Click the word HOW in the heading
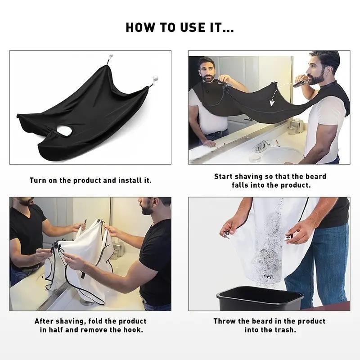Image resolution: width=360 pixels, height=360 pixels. point(140,27)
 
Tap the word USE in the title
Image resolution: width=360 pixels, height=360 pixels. point(193,27)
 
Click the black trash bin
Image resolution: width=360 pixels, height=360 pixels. point(260,298)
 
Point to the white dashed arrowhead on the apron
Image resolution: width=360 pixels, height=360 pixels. point(272,103)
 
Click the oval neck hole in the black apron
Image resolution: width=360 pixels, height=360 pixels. point(64,130)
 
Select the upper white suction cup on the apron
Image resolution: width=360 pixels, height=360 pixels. point(111,56)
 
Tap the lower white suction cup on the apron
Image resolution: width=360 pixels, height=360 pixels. point(155,78)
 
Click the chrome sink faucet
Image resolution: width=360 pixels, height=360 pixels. point(262,146)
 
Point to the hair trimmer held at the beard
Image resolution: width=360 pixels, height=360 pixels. point(301,83)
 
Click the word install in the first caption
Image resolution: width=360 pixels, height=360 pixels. point(130,180)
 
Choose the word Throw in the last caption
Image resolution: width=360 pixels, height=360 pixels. point(223,321)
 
